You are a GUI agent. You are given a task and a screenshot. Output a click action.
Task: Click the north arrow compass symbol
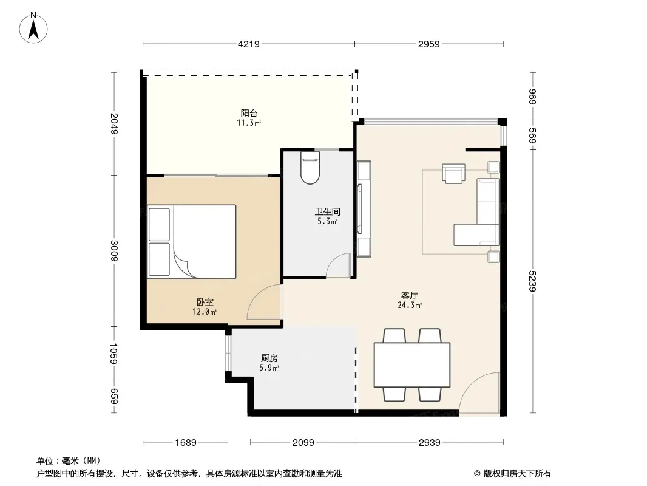(33, 28)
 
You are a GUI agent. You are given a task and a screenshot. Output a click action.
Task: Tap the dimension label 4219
(249, 44)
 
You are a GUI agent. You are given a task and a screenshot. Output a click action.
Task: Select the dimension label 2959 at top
(429, 44)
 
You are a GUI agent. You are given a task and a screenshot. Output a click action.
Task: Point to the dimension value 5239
(532, 281)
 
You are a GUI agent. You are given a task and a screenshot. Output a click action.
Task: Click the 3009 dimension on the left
(114, 251)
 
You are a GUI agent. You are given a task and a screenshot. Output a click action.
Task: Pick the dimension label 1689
(186, 443)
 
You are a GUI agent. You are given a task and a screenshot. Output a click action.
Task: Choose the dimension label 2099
(303, 443)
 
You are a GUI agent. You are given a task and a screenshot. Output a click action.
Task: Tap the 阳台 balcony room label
(249, 113)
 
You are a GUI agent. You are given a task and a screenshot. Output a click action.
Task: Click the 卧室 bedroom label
(205, 303)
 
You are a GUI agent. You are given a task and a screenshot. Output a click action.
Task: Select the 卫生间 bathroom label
(328, 212)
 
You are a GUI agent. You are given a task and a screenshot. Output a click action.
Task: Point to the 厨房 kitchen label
(269, 358)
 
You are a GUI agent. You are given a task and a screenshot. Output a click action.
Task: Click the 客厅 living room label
(409, 296)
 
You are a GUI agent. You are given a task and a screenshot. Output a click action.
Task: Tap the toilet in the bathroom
(310, 168)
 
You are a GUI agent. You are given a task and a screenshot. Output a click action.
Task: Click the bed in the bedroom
(192, 242)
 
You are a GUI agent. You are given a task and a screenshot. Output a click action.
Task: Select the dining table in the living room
(412, 364)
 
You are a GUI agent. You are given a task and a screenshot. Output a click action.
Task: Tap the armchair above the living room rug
(453, 173)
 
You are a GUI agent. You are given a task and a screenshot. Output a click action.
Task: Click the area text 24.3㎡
(409, 306)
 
